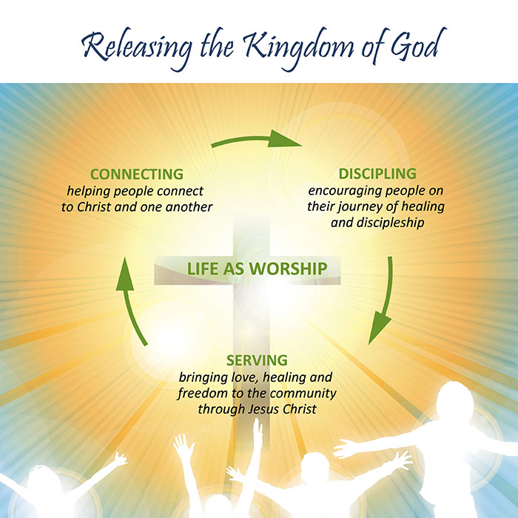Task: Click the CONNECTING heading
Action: (137, 174)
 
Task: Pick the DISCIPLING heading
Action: (377, 174)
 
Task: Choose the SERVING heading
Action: (257, 360)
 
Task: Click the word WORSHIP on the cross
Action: (288, 269)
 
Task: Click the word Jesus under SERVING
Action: (263, 409)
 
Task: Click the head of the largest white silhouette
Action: (455, 400)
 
